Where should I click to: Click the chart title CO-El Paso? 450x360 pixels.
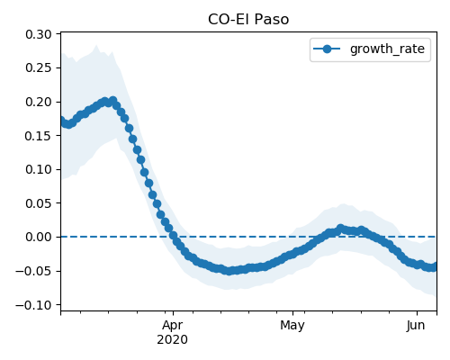point(248,20)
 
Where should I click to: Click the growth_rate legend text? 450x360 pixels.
point(387,49)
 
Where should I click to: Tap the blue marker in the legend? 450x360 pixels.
point(327,49)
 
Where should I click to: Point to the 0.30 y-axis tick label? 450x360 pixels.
point(39,34)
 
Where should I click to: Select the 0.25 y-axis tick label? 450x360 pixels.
point(39,68)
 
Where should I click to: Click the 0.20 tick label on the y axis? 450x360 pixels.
point(39,102)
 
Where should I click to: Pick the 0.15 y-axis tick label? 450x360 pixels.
point(39,136)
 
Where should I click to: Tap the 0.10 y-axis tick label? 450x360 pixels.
point(39,169)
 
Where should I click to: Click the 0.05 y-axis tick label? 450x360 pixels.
point(39,203)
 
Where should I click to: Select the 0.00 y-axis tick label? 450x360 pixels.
point(39,237)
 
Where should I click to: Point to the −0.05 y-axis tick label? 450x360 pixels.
point(33,271)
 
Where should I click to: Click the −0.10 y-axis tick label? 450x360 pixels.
point(33,305)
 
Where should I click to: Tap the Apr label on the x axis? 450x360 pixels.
point(173,326)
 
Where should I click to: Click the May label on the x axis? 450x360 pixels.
point(292,326)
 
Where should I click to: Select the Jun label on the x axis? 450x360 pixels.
point(416,325)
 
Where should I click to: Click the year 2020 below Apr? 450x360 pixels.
point(173,339)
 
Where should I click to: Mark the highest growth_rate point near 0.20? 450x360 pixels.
point(112,101)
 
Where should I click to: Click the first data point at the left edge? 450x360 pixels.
point(62,121)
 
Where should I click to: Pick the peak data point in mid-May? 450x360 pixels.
point(340,229)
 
